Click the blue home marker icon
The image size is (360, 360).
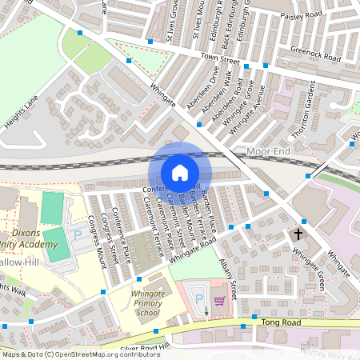click(x=180, y=172)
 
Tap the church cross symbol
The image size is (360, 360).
click(x=299, y=234)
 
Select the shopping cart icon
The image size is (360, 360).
click(x=219, y=301)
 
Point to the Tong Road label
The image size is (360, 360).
click(x=281, y=322)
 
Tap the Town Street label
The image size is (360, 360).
click(x=220, y=59)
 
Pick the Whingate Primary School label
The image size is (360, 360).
click(x=147, y=302)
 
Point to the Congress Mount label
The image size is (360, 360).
click(x=98, y=234)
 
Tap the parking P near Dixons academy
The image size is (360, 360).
click(x=78, y=235)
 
